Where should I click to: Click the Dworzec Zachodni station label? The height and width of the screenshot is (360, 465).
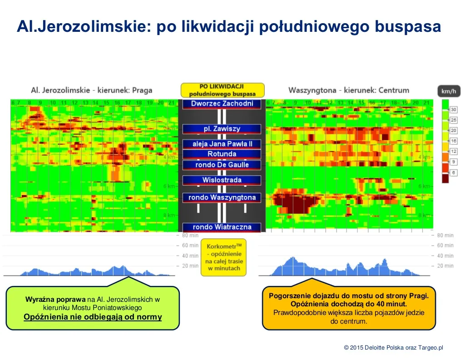[222, 104]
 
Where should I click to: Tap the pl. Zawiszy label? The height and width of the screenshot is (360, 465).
[222, 129]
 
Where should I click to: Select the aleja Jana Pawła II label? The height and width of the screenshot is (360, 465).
[222, 144]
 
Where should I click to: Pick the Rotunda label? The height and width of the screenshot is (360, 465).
[222, 154]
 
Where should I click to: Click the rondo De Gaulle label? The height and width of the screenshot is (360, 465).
[222, 165]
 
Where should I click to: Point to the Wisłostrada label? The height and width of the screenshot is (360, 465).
[222, 180]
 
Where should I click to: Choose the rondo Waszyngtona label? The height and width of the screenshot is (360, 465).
[222, 197]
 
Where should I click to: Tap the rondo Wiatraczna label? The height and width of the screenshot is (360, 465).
[222, 227]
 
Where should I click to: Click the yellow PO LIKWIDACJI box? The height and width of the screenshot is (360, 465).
[222, 90]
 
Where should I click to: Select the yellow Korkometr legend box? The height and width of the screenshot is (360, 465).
[223, 257]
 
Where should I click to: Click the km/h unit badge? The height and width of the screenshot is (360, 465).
[449, 91]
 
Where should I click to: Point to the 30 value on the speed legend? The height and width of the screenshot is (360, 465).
[454, 110]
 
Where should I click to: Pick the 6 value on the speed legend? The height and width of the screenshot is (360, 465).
[454, 172]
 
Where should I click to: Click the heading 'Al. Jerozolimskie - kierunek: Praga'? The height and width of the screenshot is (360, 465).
[91, 90]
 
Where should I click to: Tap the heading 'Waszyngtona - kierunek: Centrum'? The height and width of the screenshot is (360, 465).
[348, 90]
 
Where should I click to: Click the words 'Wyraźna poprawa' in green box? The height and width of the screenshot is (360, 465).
[55, 300]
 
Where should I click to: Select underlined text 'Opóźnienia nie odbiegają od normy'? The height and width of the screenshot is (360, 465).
[93, 317]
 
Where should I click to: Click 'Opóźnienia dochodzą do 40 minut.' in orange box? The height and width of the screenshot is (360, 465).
[348, 304]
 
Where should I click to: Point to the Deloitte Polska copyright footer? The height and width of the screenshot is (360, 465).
[393, 347]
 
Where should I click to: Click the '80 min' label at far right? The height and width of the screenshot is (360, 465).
[445, 235]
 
